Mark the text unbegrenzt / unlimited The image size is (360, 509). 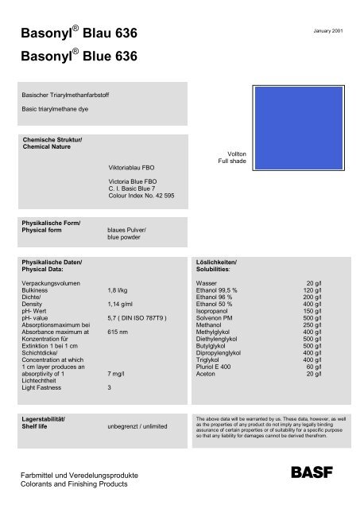[x=138, y=427]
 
